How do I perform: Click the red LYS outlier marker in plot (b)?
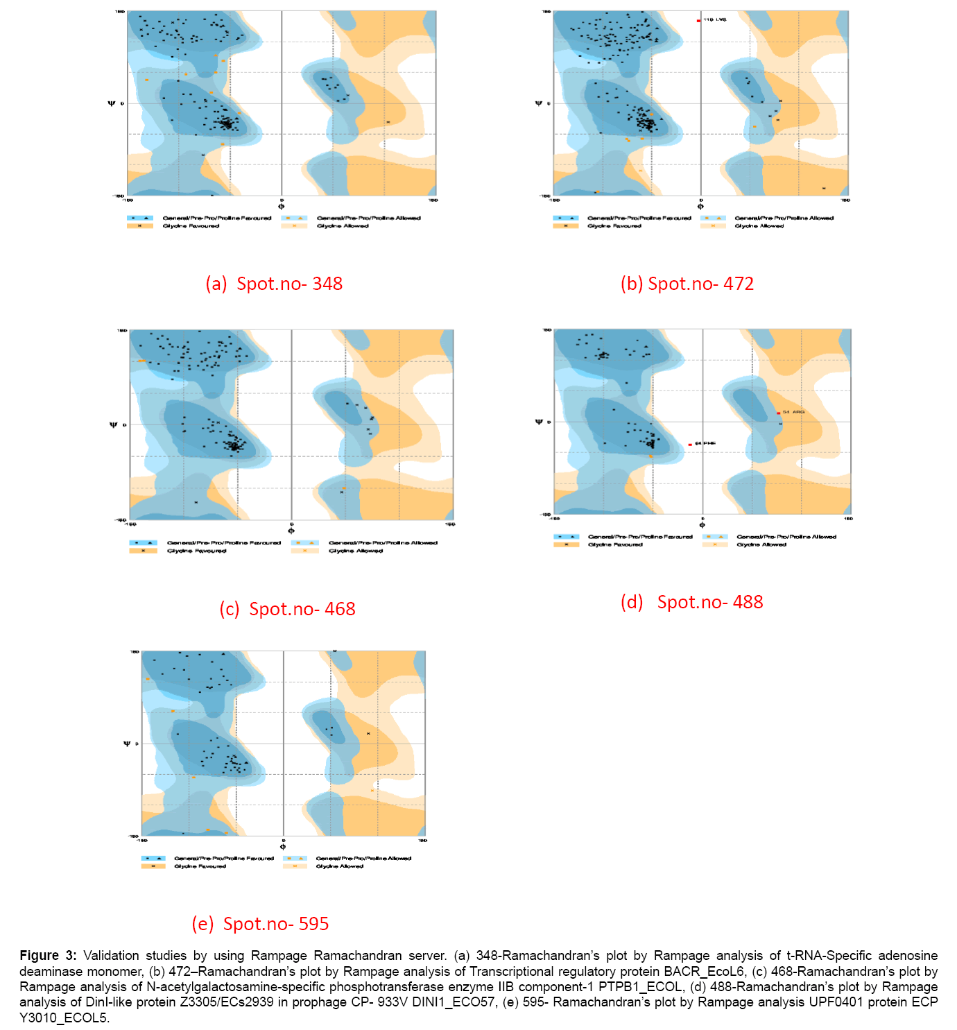698,21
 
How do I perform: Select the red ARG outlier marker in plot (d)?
779,413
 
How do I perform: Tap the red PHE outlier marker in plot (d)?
690,444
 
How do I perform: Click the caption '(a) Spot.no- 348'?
274,284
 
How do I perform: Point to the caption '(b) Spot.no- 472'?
687,284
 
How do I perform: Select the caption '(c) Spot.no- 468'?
287,609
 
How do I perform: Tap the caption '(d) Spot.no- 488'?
691,602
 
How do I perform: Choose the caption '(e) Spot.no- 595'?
260,924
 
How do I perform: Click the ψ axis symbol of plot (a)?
112,103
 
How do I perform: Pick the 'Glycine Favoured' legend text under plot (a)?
191,226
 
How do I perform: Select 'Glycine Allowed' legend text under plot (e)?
339,866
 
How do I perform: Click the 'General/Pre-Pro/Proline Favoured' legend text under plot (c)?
223,543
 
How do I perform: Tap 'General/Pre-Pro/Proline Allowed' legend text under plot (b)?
784,218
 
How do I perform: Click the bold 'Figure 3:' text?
48,956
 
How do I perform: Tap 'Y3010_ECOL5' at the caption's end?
64,1018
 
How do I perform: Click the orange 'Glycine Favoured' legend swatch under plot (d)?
566,545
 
